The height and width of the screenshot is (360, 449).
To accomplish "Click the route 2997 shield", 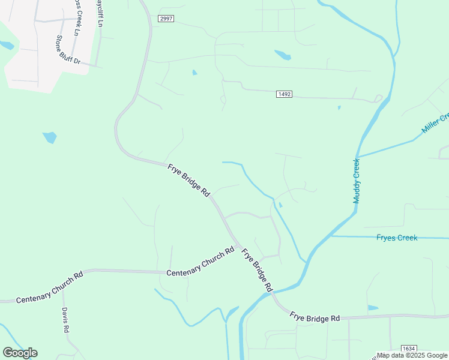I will click(x=166, y=19).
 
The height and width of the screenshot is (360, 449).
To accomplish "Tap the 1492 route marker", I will click(x=285, y=94).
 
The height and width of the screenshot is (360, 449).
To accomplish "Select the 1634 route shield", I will click(x=409, y=349).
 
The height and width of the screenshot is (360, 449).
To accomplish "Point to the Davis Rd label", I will click(x=66, y=320).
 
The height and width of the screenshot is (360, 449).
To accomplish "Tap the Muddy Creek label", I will click(x=357, y=181).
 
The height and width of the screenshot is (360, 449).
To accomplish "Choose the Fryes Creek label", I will click(x=396, y=238).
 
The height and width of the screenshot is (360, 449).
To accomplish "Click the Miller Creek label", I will click(x=436, y=124).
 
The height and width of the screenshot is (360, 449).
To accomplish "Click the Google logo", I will click(x=20, y=353).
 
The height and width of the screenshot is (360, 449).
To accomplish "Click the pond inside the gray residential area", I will click(x=7, y=45).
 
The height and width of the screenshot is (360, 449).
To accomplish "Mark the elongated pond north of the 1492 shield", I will click(x=283, y=55).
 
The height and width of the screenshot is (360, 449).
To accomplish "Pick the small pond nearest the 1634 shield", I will click(x=373, y=308).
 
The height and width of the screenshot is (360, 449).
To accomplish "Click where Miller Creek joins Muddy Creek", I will click(x=358, y=157).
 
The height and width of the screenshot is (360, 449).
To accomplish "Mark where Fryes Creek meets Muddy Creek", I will click(x=330, y=236).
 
